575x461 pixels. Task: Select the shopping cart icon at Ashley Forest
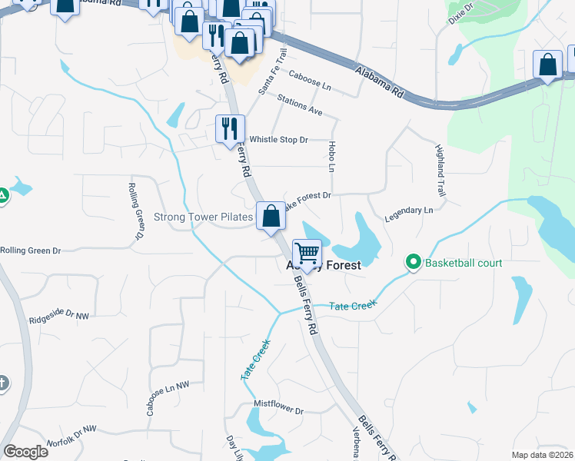coord(307,253)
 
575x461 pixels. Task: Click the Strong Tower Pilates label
coord(204,217)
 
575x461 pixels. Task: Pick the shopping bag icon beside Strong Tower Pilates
coord(271,216)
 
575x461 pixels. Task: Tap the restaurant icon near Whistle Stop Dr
coord(229,128)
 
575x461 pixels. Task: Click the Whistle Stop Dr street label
coord(278,140)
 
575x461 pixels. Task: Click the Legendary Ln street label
coord(409,211)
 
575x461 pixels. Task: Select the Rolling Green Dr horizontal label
coord(31,250)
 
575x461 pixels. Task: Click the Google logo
coord(25,451)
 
